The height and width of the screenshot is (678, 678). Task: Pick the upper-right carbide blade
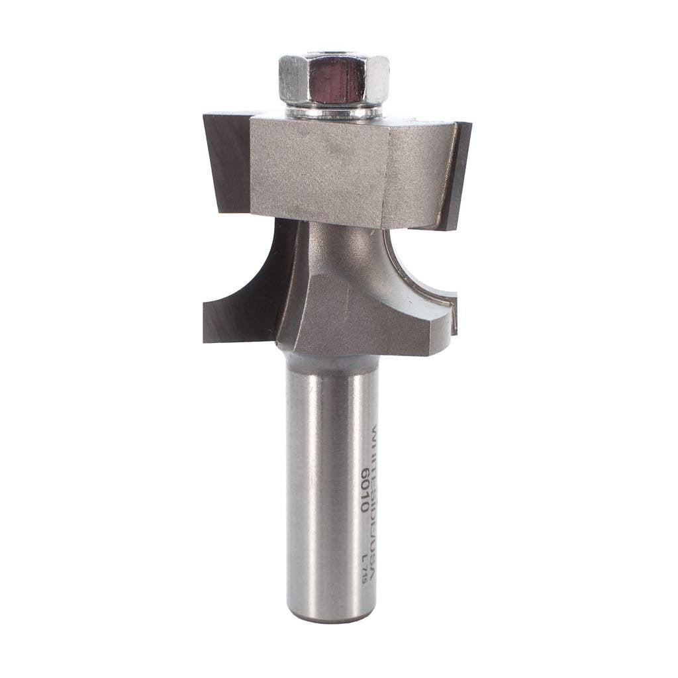point(457,175)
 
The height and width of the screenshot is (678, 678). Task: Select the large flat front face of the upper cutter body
point(318,169)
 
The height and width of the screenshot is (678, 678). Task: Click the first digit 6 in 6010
point(364,473)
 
